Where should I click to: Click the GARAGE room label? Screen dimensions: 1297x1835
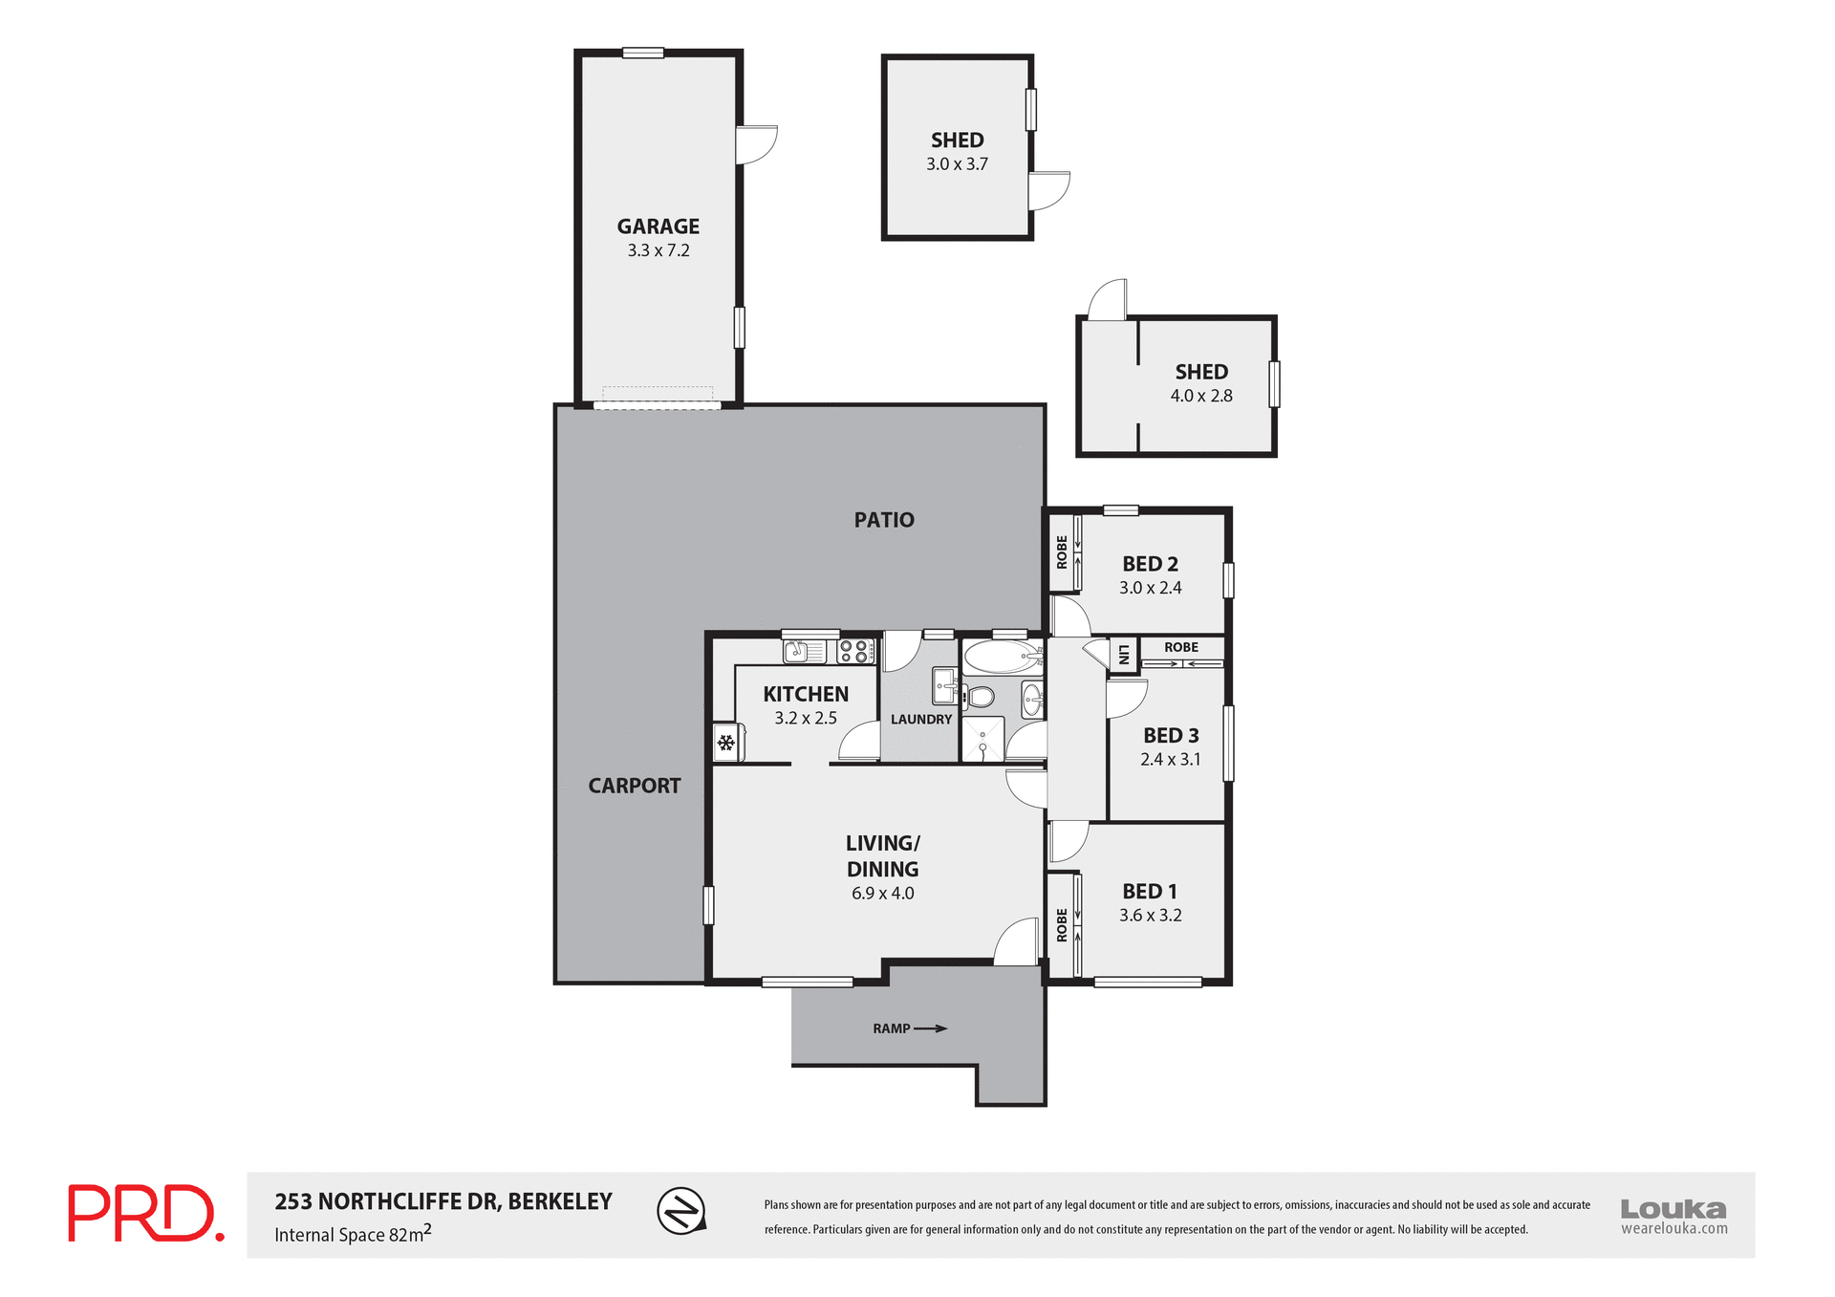(658, 227)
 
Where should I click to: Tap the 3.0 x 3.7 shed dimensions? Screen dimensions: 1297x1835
(957, 164)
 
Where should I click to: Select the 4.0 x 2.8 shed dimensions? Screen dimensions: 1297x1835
(1201, 396)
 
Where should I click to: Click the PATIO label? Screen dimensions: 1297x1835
(884, 520)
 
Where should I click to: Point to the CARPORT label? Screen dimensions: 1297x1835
(634, 786)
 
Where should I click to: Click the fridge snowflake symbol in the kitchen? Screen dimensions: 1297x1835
(725, 743)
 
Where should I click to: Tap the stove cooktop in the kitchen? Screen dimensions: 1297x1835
(856, 652)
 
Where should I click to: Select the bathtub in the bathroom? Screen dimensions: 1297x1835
(1002, 658)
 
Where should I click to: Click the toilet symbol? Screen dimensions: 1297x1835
(980, 697)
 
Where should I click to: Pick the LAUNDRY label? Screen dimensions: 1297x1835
(921, 720)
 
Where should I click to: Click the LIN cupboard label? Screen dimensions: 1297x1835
(1124, 655)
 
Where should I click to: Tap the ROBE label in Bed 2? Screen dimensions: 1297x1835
(1062, 552)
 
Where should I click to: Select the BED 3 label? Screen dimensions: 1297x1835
(1171, 736)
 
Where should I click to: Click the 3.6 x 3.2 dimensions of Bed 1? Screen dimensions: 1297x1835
(1151, 916)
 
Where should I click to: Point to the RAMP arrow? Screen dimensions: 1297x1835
(930, 1028)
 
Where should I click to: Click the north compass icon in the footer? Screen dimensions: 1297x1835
(681, 1211)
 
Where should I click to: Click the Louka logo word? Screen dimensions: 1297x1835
(1673, 1208)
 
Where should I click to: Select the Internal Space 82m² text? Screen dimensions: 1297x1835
(353, 1234)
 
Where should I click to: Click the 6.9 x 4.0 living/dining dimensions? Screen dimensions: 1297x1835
(882, 894)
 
